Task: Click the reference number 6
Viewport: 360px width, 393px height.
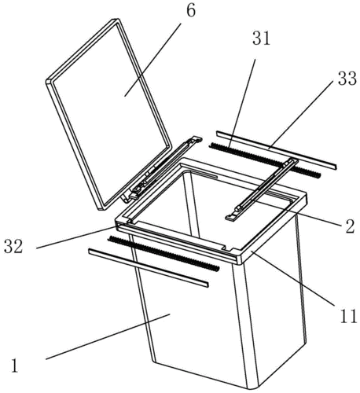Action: [191, 11]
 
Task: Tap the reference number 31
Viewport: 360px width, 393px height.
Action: [261, 39]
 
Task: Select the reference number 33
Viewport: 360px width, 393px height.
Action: [347, 79]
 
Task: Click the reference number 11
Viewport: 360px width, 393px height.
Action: [348, 316]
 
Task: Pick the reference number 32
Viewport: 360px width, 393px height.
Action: [13, 247]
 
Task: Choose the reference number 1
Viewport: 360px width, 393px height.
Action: [15, 365]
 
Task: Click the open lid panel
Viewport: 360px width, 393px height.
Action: [109, 114]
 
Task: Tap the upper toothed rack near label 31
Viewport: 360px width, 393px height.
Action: [265, 160]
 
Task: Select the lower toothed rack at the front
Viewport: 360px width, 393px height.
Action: [163, 253]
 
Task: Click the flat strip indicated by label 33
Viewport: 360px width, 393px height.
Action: [276, 150]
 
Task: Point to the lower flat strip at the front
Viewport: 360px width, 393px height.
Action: [149, 268]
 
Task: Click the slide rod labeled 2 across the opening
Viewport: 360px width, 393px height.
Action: [262, 189]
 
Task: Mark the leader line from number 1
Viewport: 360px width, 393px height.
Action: [108, 337]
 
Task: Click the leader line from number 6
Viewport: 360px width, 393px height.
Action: [152, 60]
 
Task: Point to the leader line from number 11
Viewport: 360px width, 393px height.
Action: [292, 277]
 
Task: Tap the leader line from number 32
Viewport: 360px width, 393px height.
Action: [76, 238]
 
